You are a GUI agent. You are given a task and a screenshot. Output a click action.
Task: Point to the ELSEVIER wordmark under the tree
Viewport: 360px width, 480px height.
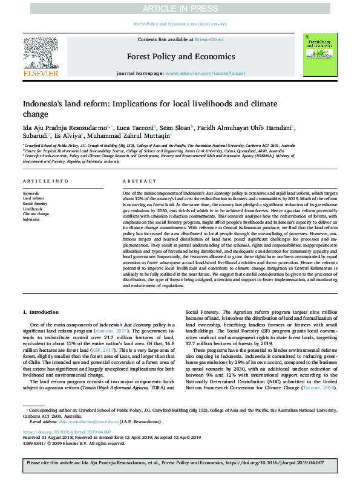(41, 73)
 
